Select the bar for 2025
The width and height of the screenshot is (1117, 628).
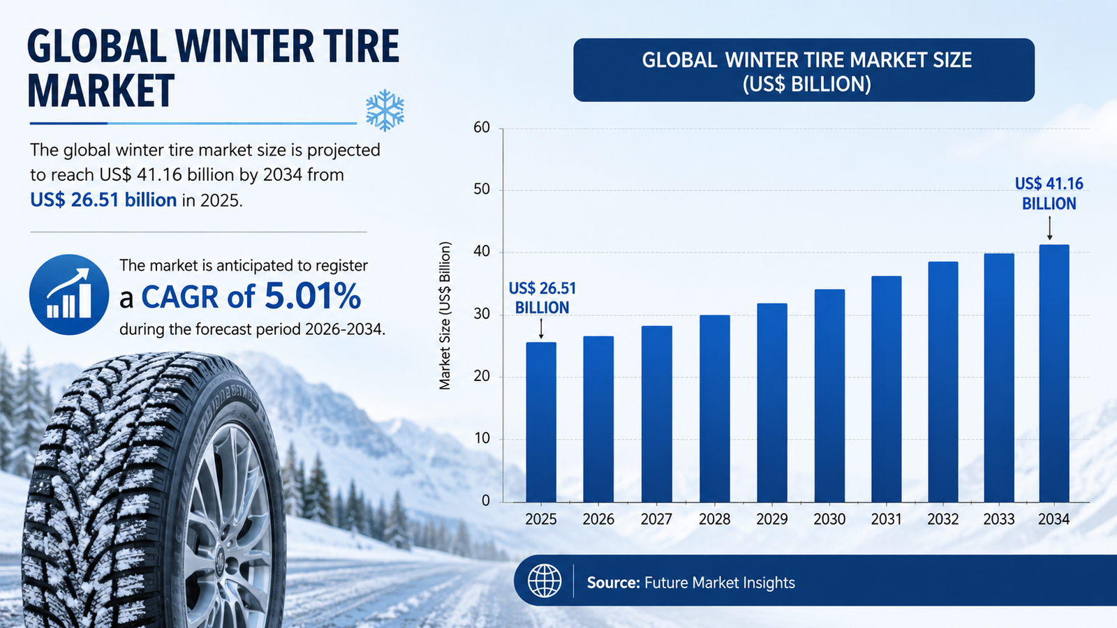[541, 422]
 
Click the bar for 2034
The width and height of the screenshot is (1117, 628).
[1054, 373]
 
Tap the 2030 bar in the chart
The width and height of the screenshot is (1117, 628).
[830, 396]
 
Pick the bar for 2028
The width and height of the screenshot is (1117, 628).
[715, 409]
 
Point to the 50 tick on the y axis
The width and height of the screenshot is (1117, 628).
[482, 190]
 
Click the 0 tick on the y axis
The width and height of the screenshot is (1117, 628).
[486, 501]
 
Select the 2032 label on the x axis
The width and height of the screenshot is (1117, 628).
[943, 519]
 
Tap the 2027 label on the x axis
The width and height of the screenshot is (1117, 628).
[656, 519]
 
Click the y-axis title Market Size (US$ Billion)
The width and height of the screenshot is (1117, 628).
[445, 315]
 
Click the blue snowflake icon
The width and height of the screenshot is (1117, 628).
[385, 110]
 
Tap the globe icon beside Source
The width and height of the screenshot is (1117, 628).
[545, 581]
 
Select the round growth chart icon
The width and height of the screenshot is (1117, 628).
[69, 294]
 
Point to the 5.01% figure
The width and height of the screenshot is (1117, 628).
[313, 296]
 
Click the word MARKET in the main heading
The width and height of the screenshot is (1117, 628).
[101, 90]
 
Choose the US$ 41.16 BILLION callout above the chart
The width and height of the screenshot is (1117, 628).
[1049, 193]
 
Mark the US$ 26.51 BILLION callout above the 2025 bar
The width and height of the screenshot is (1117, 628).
[542, 298]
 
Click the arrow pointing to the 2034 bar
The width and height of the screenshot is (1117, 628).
[1050, 228]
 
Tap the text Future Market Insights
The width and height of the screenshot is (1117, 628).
[720, 583]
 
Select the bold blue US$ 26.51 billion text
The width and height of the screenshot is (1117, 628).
[103, 200]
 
